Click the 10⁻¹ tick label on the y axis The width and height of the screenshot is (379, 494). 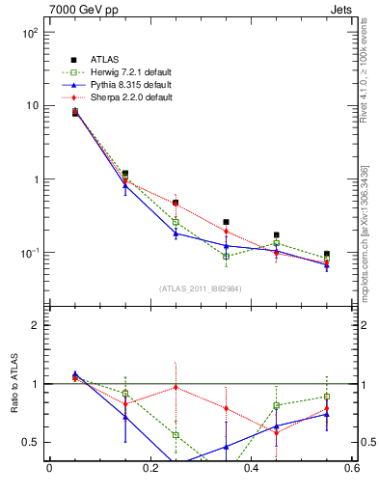(x=28, y=253)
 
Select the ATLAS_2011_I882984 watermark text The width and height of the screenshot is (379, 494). (x=200, y=288)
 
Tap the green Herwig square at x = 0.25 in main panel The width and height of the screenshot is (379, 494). (x=176, y=223)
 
